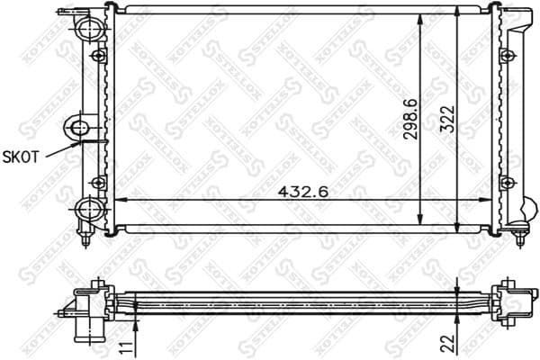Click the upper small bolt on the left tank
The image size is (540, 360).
coord(99,56)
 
